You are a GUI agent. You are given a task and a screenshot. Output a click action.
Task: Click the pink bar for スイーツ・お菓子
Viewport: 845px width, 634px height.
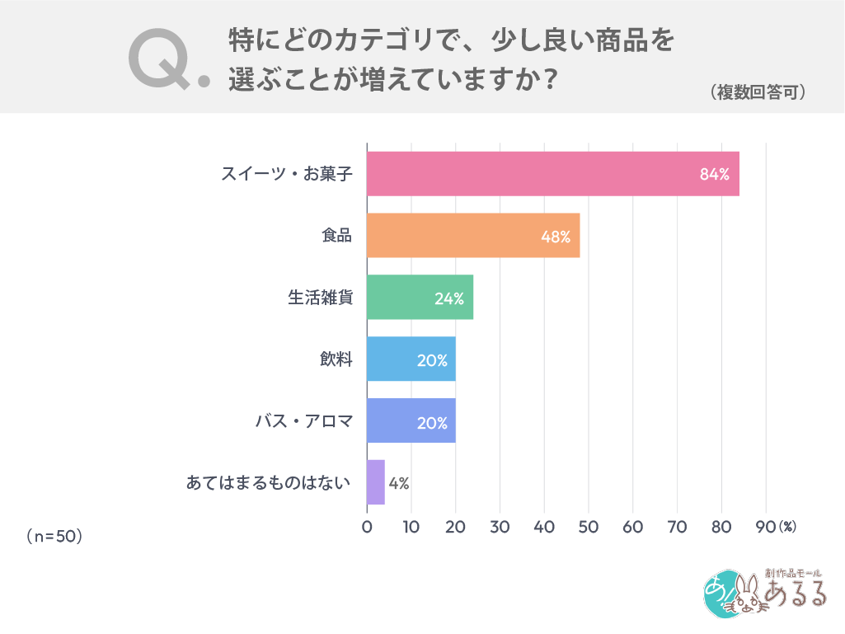coord(552,174)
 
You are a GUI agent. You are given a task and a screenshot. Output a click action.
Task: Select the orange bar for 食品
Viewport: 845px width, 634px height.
coord(473,236)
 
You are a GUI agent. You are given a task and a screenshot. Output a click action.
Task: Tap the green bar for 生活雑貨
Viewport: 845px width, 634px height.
coord(420,298)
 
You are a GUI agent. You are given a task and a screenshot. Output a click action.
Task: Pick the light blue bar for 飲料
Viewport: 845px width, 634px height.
coord(411,359)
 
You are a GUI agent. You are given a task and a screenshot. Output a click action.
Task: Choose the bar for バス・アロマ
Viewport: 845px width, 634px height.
coord(411,421)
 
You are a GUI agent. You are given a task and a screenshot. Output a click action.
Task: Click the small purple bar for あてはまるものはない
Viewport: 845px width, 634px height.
coord(376,482)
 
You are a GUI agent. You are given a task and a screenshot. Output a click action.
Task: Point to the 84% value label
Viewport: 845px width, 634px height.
coord(714,175)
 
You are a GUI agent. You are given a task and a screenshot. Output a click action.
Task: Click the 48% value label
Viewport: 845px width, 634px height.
coord(555,237)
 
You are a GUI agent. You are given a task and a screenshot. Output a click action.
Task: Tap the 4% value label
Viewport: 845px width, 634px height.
coord(399,483)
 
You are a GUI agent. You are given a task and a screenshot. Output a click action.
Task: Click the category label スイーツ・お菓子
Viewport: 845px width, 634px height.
coord(286,175)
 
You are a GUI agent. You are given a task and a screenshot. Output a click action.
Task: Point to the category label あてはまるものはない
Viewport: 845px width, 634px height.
coord(269,483)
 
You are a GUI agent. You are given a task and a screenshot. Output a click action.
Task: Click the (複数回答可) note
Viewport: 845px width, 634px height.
coord(758,93)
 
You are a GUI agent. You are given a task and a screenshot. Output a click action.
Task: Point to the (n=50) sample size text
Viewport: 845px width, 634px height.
coord(54,536)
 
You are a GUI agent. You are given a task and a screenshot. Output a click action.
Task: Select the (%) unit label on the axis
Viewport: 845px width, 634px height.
coord(787,526)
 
